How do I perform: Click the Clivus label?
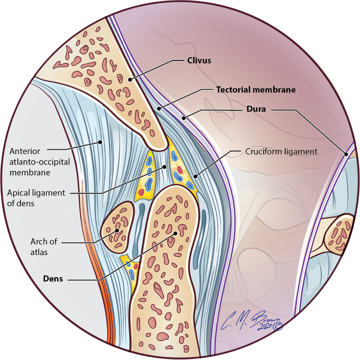(x=199, y=61)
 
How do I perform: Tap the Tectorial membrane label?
(x=256, y=90)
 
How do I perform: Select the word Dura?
(x=256, y=109)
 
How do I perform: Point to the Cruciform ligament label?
(x=281, y=152)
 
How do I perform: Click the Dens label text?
(x=53, y=279)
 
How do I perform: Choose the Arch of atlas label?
(x=43, y=247)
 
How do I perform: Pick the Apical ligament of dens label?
(x=36, y=198)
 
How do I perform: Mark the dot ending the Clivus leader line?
(x=130, y=79)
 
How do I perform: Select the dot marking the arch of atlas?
(x=117, y=230)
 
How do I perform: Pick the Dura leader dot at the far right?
(x=346, y=154)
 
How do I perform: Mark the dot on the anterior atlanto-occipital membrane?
(x=101, y=142)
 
